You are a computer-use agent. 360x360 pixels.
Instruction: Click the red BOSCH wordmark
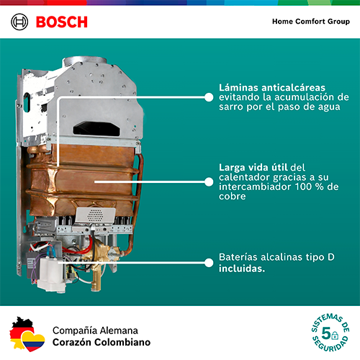(x=62, y=22)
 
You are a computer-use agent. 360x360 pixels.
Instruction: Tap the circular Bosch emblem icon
(x=19, y=22)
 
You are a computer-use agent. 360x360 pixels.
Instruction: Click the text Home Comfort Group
(x=311, y=22)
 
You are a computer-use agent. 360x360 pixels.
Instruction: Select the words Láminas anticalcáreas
(x=272, y=88)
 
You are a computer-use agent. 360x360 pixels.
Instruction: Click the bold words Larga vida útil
(x=253, y=167)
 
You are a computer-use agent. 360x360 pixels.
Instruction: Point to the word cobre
(x=233, y=197)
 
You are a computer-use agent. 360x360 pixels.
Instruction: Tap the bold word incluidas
(x=242, y=269)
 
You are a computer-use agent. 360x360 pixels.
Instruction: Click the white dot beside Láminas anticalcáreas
(x=209, y=97)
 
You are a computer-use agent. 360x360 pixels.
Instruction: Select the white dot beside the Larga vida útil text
(x=209, y=182)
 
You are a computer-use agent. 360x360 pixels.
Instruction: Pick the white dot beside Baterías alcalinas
(x=209, y=263)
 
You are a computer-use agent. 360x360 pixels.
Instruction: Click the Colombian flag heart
(x=33, y=341)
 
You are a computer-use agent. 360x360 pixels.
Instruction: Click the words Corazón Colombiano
(x=102, y=342)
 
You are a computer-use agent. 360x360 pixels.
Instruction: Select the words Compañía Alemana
(x=95, y=330)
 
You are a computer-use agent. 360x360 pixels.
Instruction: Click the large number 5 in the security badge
(x=326, y=333)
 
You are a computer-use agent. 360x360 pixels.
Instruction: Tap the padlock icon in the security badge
(x=335, y=336)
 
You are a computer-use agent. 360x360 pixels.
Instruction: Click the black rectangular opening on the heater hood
(x=96, y=129)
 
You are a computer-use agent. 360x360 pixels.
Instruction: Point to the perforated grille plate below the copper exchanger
(x=95, y=215)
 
